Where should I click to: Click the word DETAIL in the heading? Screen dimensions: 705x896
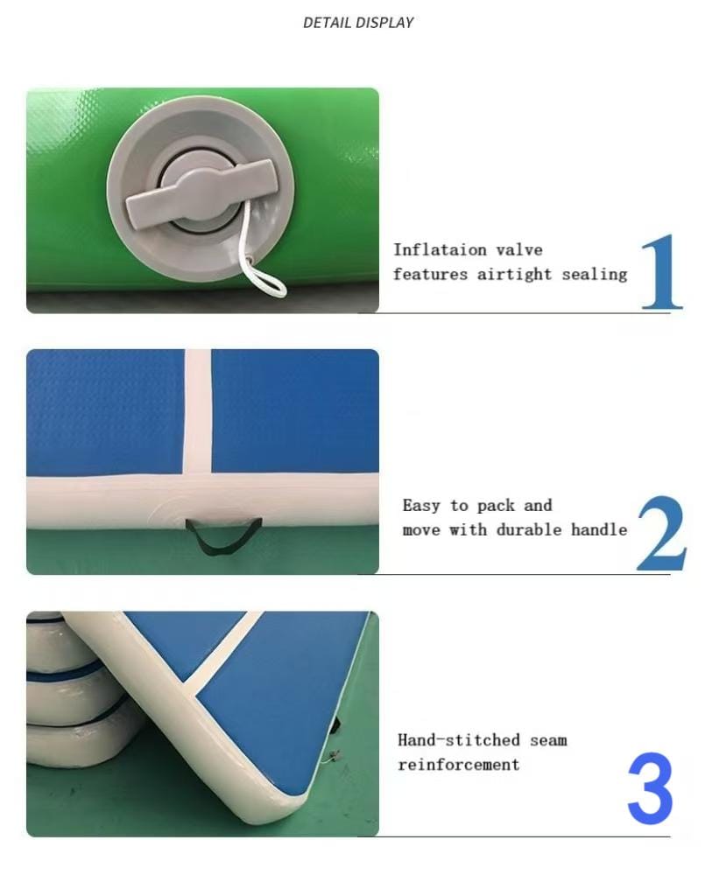click(x=325, y=23)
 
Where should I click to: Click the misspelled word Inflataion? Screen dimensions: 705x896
click(x=440, y=249)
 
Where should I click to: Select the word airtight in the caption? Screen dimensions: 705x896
click(x=514, y=274)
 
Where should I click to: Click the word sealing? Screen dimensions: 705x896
click(x=594, y=274)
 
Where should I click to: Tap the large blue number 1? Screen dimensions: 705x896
click(x=661, y=271)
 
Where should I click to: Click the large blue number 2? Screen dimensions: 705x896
click(x=661, y=533)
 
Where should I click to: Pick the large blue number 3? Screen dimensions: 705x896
click(x=651, y=788)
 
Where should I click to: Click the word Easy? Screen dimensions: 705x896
click(x=421, y=506)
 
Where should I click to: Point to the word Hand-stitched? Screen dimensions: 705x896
click(x=459, y=740)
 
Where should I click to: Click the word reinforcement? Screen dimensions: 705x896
click(x=459, y=765)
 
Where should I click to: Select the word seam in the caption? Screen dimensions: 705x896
click(x=548, y=740)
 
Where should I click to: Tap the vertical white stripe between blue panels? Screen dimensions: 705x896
click(x=198, y=411)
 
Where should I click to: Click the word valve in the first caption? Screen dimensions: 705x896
click(x=519, y=249)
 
